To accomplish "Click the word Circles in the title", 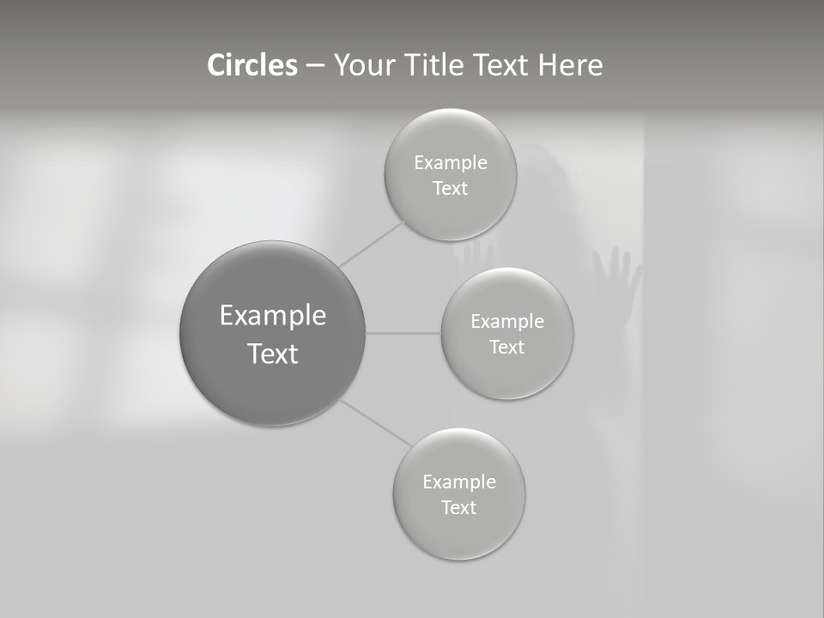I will click(x=252, y=65).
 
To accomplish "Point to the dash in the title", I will click(x=315, y=66).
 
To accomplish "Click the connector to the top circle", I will click(x=372, y=244).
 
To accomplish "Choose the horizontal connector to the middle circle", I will click(x=403, y=333).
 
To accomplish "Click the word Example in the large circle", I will click(x=273, y=316).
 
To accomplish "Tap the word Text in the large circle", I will click(x=273, y=354).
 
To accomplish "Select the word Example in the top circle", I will click(x=451, y=163).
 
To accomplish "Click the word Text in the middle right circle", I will click(x=506, y=348).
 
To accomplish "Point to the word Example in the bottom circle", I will click(x=459, y=482).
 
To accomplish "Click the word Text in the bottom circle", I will click(x=458, y=508).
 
